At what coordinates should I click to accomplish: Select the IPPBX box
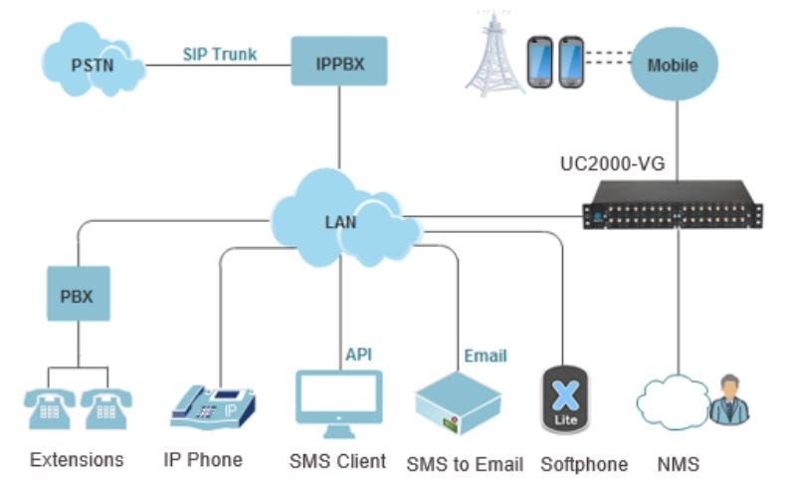[x=339, y=62]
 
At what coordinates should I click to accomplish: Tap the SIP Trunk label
[x=219, y=54]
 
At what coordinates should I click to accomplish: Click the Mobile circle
[x=673, y=65]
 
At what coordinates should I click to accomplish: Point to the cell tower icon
[x=495, y=60]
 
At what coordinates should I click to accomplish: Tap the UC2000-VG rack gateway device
[x=673, y=204]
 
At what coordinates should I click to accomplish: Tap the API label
[x=359, y=354]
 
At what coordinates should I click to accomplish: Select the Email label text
[x=485, y=356]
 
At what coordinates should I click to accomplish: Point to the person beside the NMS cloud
[x=729, y=400]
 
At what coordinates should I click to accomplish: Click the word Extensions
[x=77, y=459]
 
